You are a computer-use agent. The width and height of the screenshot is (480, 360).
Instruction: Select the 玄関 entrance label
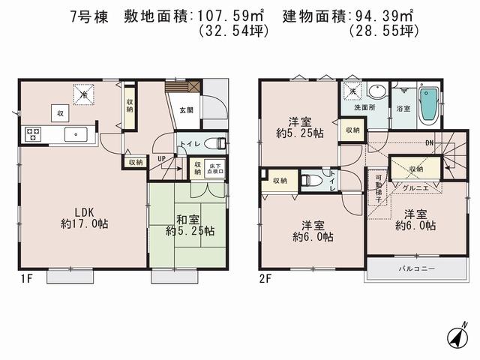[x=186, y=110]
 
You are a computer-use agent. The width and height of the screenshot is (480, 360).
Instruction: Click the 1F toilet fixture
[x=217, y=142]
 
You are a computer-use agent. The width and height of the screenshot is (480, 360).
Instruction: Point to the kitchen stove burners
[x=34, y=135]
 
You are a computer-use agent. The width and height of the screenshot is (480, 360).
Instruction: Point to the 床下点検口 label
[x=217, y=168]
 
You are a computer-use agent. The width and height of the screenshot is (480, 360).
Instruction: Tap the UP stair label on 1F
[x=161, y=159]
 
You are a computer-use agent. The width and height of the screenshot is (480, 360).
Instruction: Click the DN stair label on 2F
[x=429, y=143]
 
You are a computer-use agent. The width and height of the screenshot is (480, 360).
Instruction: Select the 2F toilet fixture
[x=311, y=180]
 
